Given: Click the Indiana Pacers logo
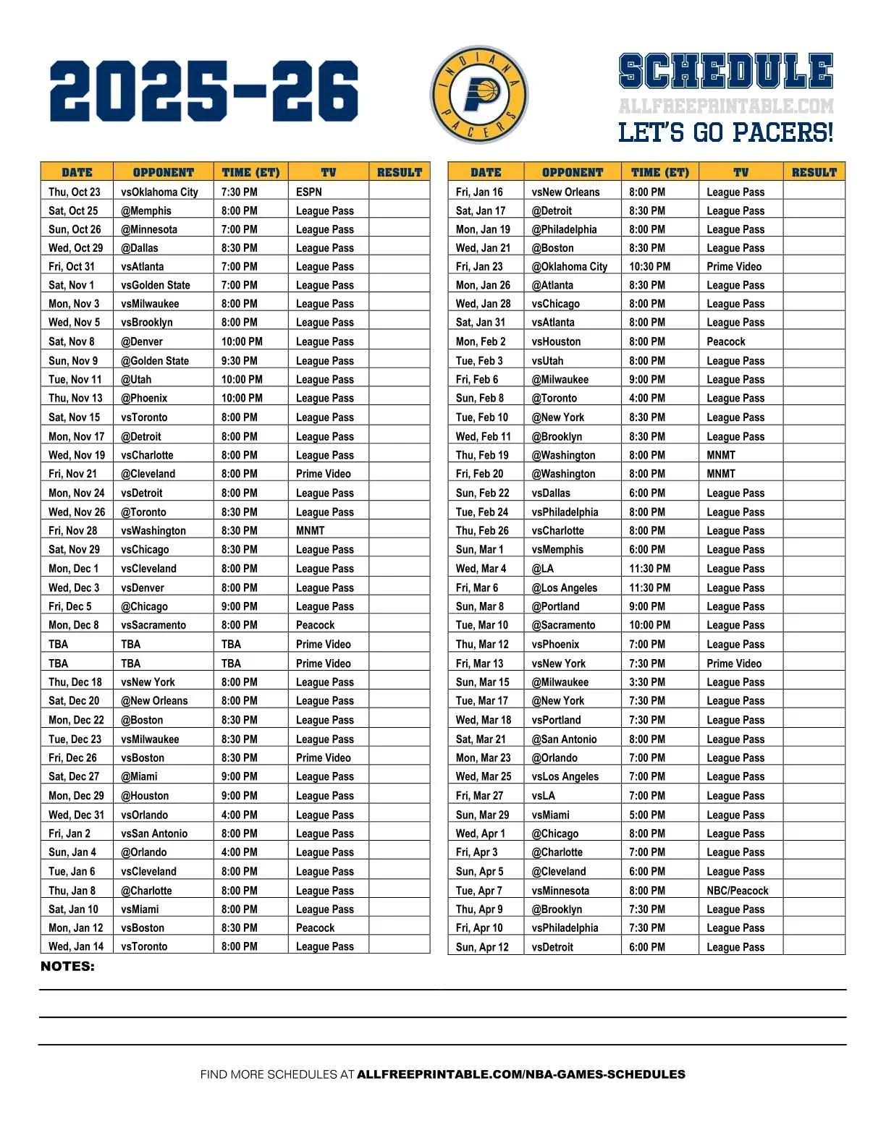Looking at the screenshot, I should pyautogui.click(x=478, y=95).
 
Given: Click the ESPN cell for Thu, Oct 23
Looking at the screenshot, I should pyautogui.click(x=309, y=192).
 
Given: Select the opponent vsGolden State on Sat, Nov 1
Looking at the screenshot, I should pyautogui.click(x=156, y=285).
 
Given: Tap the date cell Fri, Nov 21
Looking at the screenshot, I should pyautogui.click(x=72, y=474).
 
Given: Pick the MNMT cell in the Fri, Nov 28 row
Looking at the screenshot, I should pyautogui.click(x=311, y=530).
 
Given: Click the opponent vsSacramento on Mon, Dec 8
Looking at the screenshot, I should pyautogui.click(x=153, y=625).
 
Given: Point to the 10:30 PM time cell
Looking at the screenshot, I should pyautogui.click(x=649, y=266).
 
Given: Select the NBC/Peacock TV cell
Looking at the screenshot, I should pyautogui.click(x=738, y=891).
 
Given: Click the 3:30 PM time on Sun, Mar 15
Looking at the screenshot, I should pyautogui.click(x=647, y=682).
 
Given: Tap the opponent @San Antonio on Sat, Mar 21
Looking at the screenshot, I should pyautogui.click(x=565, y=739).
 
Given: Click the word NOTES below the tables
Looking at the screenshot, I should pyautogui.click(x=67, y=967).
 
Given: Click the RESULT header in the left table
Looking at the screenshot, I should pyautogui.click(x=400, y=172).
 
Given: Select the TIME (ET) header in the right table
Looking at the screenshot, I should pyautogui.click(x=660, y=172).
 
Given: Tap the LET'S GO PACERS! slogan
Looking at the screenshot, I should pyautogui.click(x=725, y=132).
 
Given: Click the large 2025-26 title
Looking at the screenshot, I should pyautogui.click(x=204, y=91).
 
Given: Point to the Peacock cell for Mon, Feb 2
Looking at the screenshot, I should pyautogui.click(x=726, y=341).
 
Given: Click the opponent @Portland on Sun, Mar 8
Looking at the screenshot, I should pyautogui.click(x=556, y=606).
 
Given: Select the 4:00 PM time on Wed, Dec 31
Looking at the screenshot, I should pyautogui.click(x=240, y=815).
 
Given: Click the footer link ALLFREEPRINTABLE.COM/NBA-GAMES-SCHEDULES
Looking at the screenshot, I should pyautogui.click(x=521, y=1074).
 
